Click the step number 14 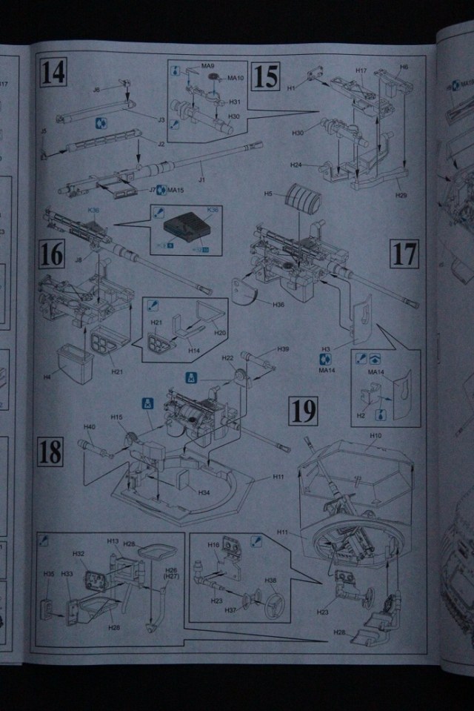53,74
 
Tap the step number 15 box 263,76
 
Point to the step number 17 405,254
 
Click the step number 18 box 50,451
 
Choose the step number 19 304,410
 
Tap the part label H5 270,194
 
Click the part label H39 283,349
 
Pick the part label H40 90,427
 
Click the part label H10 375,435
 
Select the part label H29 402,194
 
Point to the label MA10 236,78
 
